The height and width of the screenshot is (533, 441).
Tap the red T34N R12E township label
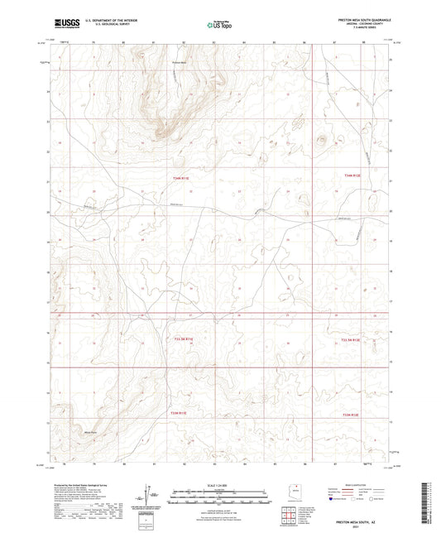pos(353,175)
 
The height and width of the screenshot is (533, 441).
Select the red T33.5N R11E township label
pos(183,339)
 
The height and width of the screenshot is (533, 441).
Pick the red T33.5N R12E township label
pos(354,339)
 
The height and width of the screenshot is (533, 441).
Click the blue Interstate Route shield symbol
pos(333,500)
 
